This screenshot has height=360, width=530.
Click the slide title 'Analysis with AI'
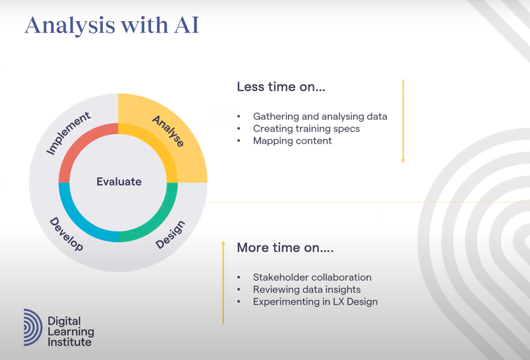pos(112,26)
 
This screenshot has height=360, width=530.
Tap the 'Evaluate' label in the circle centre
pos(119,182)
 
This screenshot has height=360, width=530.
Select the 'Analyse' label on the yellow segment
pos(168,131)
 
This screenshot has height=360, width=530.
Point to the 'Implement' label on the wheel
pos(68,132)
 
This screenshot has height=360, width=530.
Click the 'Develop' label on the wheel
pos(66,234)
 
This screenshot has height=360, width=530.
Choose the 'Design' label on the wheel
pos(170,234)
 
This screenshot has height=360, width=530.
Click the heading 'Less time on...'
pos(281,87)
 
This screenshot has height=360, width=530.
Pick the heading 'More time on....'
pos(285,247)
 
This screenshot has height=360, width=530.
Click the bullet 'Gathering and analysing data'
pos(320,117)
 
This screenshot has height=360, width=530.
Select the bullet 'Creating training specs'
pos(306,129)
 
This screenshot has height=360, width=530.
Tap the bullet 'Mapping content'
pos(292,141)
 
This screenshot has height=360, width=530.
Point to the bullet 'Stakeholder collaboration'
pos(312,278)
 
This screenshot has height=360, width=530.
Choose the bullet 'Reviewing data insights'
pos(307,290)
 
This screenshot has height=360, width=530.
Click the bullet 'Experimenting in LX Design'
pos(316,302)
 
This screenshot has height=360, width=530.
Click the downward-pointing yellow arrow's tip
pos(403,163)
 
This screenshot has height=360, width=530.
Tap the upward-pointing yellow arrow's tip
pos(223,241)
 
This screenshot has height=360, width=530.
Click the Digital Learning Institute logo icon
pos(33,327)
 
